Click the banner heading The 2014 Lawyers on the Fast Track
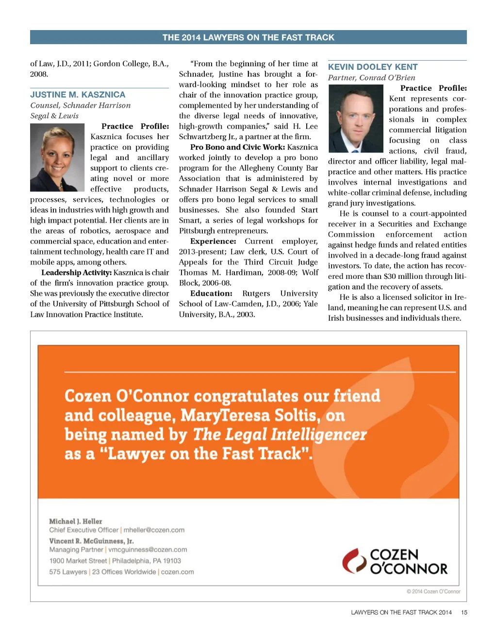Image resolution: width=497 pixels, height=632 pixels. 248,37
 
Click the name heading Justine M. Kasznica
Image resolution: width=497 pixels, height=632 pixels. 78,95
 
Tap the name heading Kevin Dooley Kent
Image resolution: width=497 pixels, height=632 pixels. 373,67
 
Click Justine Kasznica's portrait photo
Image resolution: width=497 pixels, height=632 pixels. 57,157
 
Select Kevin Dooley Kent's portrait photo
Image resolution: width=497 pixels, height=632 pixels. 356,118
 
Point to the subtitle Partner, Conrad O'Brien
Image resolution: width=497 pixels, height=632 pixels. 371,78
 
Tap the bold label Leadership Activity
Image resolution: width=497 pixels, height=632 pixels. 76,273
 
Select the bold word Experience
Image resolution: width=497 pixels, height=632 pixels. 213,241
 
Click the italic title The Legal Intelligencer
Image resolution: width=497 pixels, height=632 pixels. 280,435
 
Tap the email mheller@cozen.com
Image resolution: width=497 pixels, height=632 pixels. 154,530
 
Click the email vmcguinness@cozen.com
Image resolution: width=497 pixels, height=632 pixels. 148,550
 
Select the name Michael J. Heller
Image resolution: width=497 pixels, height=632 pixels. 76,521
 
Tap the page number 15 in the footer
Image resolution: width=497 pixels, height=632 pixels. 464,613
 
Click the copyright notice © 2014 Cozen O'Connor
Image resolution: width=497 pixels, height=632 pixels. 433,592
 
